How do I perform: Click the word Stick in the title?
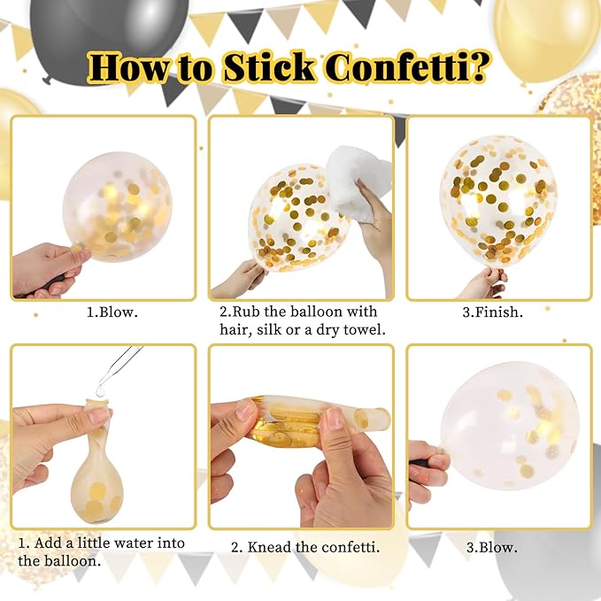tap(269, 67)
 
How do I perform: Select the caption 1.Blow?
tap(112, 312)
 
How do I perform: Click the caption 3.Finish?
tap(492, 312)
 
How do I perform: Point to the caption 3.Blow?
tap(492, 547)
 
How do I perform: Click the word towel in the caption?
tap(365, 329)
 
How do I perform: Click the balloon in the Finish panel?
tap(498, 200)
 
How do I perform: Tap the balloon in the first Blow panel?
tap(118, 207)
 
